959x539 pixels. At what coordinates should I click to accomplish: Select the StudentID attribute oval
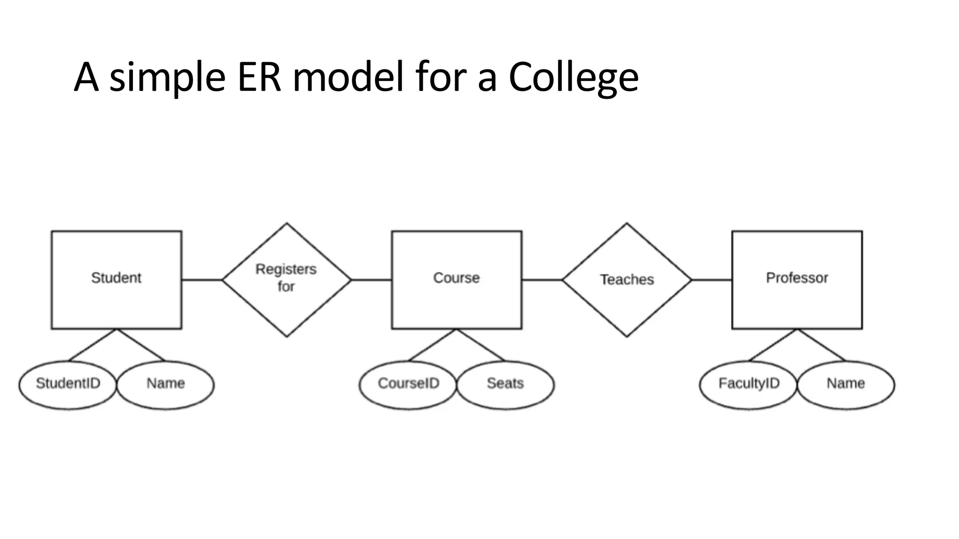[x=68, y=385]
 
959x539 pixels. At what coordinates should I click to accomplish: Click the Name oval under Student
[x=165, y=385]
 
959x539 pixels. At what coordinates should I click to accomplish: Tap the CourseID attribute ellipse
[x=408, y=385]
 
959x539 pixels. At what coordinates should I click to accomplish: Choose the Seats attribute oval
[x=505, y=385]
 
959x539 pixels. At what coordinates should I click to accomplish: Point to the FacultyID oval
[x=748, y=385]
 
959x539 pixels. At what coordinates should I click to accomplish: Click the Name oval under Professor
[x=846, y=385]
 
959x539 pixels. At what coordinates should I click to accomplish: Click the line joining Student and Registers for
[x=202, y=280]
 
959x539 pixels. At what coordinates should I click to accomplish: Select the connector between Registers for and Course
[x=371, y=280]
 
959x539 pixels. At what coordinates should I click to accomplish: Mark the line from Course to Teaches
[x=542, y=280]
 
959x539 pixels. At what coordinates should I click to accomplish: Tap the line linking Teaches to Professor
[x=712, y=280]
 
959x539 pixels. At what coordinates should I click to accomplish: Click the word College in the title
[x=573, y=77]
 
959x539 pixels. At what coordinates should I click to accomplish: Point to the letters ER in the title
[x=259, y=77]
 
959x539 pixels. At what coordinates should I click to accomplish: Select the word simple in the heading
[x=168, y=77]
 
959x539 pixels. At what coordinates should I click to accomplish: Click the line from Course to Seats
[x=481, y=345]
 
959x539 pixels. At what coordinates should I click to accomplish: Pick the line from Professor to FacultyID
[x=773, y=345]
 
